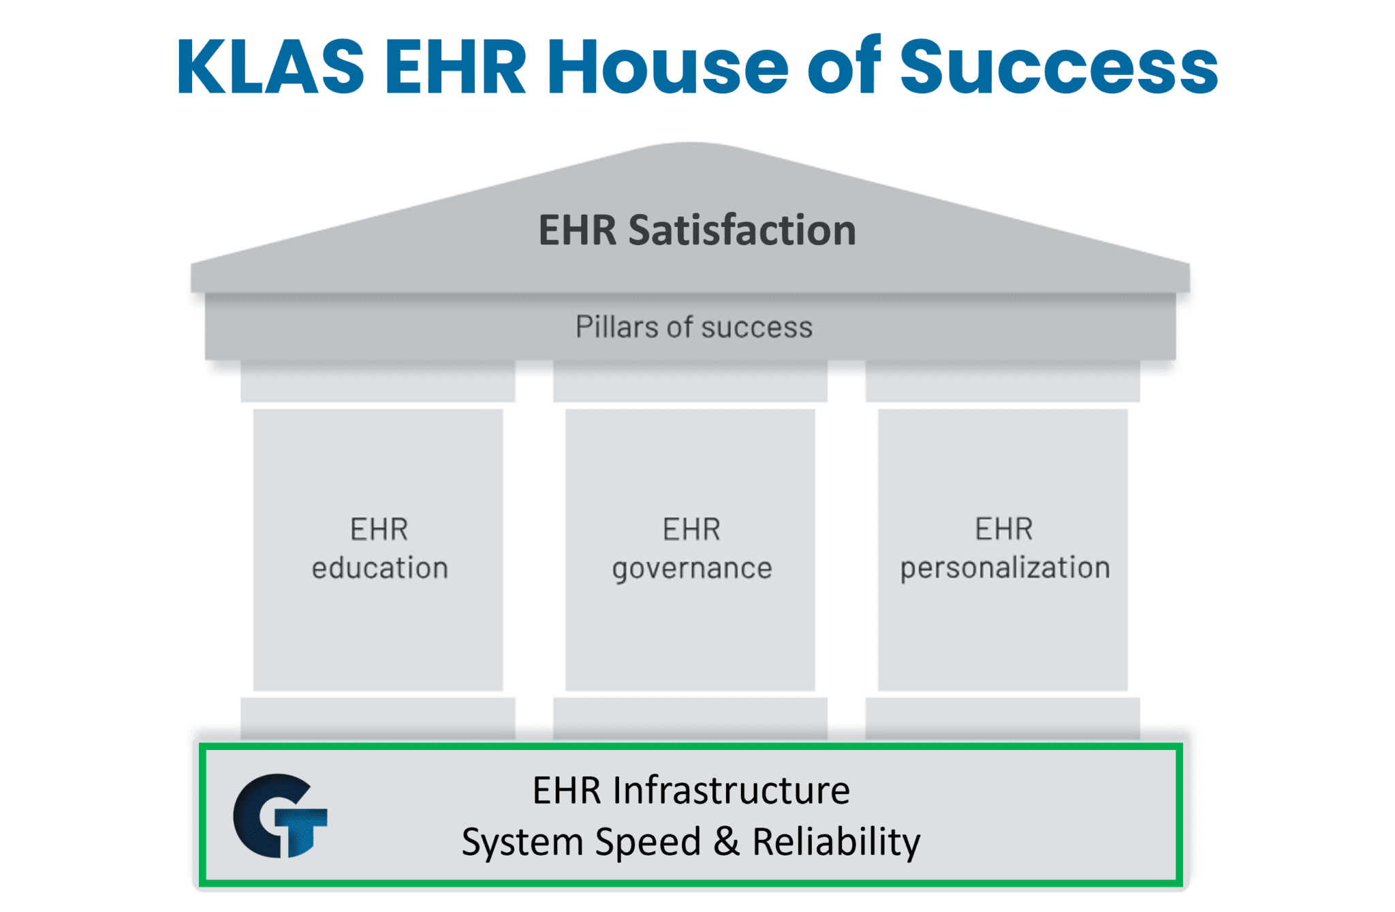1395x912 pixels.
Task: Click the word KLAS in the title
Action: (x=270, y=66)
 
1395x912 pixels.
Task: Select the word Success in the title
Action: (x=1058, y=66)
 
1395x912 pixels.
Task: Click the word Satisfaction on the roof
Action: (x=742, y=230)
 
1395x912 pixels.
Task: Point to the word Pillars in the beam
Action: (x=617, y=327)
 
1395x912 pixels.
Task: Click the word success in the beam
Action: (x=756, y=328)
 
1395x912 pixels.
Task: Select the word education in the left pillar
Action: (x=379, y=568)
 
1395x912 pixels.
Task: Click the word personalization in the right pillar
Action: (x=1005, y=568)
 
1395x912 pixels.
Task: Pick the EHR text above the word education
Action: (x=379, y=529)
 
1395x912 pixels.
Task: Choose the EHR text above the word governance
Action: (x=691, y=529)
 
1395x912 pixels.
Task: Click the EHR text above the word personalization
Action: (x=1003, y=529)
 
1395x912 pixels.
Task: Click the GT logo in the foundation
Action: (x=280, y=815)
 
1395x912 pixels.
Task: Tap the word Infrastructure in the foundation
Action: (x=731, y=791)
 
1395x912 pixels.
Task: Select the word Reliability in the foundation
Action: (x=836, y=842)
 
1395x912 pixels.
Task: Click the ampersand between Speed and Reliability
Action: (x=726, y=842)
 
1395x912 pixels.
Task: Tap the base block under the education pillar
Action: (x=377, y=718)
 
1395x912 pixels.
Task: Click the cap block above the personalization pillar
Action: (x=1002, y=381)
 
